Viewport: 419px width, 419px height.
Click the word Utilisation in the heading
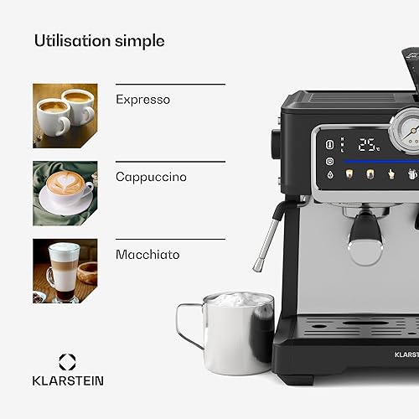click(72, 40)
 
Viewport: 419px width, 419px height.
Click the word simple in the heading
click(140, 41)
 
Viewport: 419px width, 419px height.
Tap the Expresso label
click(142, 100)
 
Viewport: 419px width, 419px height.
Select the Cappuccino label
click(151, 177)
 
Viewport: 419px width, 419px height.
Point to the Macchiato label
click(147, 255)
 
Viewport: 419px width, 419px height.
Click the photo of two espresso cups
click(65, 116)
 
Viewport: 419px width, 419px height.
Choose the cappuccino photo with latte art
click(65, 194)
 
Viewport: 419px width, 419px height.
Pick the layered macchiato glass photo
click(65, 271)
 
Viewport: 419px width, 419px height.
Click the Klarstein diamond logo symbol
click(67, 362)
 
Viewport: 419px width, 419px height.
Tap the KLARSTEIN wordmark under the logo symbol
click(68, 381)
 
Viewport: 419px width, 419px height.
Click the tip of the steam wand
click(257, 267)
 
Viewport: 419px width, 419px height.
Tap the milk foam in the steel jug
click(237, 299)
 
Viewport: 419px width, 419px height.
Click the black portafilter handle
click(365, 228)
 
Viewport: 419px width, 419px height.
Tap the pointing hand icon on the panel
click(391, 174)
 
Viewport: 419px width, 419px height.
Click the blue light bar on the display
click(380, 162)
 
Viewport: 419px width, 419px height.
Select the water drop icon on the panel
click(330, 175)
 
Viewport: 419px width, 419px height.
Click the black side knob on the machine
click(276, 143)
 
